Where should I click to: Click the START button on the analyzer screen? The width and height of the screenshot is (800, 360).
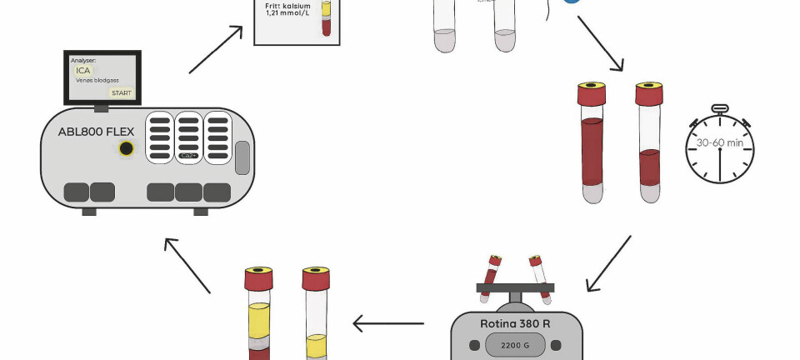click(x=121, y=92)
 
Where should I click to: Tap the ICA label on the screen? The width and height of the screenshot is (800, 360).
click(x=82, y=71)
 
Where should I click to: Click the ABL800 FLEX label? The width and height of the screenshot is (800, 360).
click(x=96, y=132)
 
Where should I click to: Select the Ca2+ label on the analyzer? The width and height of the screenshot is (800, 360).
click(x=188, y=156)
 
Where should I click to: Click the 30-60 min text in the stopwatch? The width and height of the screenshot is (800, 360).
click(x=719, y=142)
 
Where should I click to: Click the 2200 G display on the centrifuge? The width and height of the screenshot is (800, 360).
click(x=516, y=344)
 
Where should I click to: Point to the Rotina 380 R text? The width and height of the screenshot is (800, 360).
click(x=516, y=323)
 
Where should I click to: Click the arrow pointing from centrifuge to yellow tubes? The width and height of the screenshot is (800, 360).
click(x=388, y=322)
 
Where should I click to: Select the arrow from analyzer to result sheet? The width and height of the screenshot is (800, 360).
click(x=216, y=49)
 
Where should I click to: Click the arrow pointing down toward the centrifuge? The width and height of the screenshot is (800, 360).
click(x=608, y=264)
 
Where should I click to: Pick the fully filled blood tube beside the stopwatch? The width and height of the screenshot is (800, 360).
click(x=591, y=142)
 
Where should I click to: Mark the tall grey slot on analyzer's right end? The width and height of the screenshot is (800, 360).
click(x=242, y=157)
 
